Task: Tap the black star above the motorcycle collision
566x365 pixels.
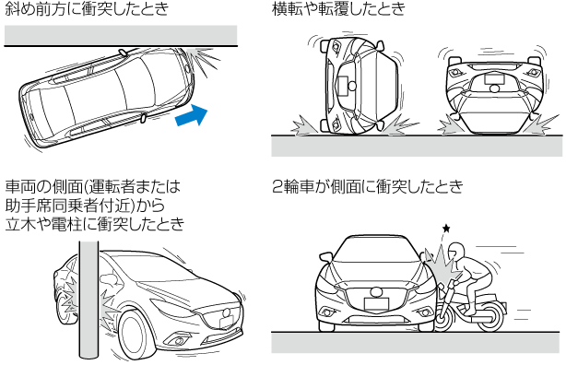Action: (x=446, y=229)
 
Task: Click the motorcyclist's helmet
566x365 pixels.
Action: (x=455, y=252)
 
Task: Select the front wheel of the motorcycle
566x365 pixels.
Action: (x=443, y=318)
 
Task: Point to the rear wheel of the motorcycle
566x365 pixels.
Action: (x=492, y=316)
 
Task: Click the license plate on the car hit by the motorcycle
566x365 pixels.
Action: (x=376, y=304)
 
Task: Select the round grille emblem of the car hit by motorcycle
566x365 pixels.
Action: (x=376, y=291)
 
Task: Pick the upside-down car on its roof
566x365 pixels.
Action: (x=494, y=95)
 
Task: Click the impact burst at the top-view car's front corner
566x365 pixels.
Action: (x=204, y=61)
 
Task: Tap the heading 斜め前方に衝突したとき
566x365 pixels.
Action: (x=87, y=9)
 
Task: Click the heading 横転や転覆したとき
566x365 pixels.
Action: (x=339, y=9)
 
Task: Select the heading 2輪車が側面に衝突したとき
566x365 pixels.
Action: (x=368, y=187)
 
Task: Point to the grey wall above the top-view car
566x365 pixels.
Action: (x=121, y=35)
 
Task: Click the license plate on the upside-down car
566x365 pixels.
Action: (x=494, y=78)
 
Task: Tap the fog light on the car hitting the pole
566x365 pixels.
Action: (x=179, y=340)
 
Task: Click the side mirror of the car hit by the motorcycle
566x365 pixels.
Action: (x=325, y=256)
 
